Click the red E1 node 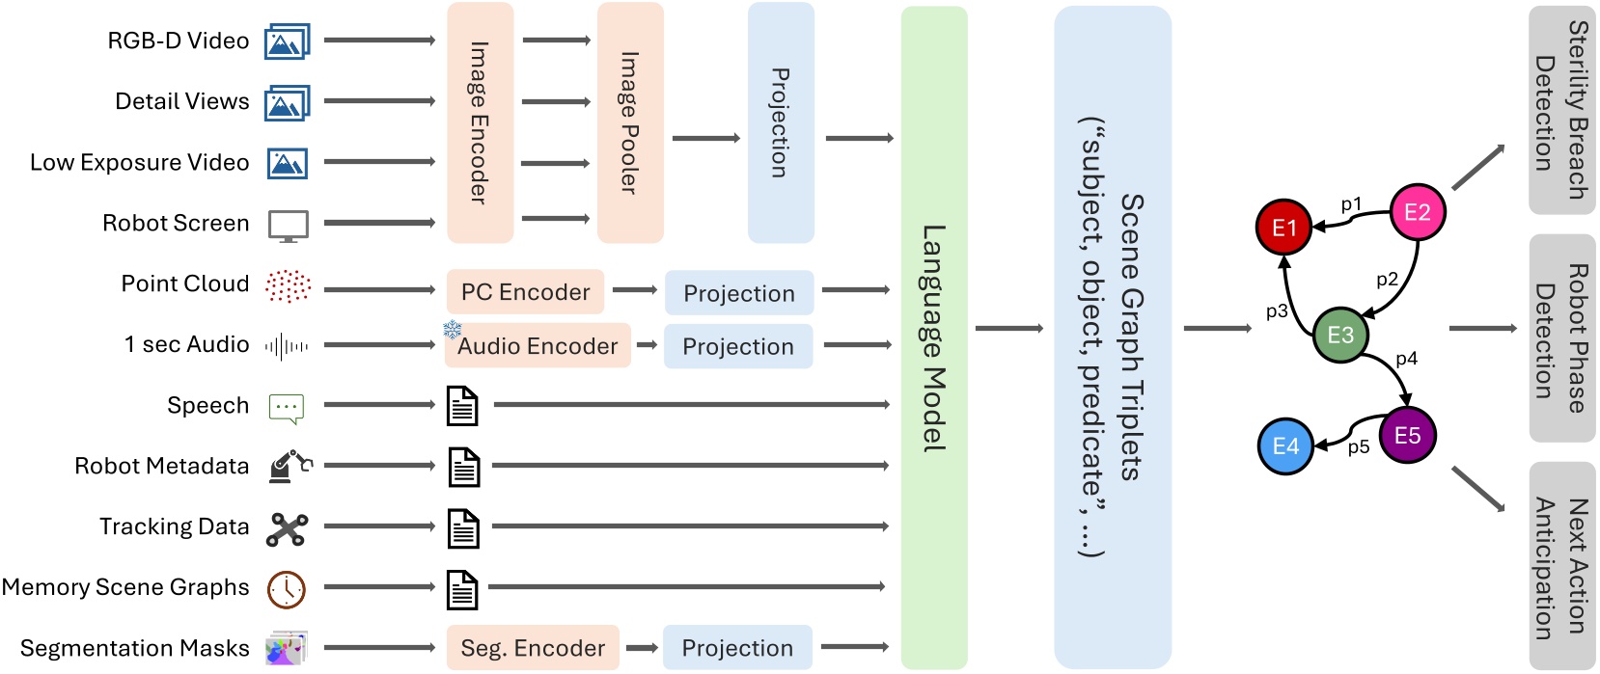tap(1283, 228)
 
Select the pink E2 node tap(1417, 212)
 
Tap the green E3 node tap(1340, 335)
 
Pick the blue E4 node tap(1285, 446)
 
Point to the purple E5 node tap(1407, 436)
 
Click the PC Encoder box tap(525, 292)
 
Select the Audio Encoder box tap(538, 346)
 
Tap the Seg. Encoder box tap(533, 648)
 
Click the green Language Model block tap(933, 337)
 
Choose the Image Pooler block tap(630, 122)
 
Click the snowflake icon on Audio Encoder tap(452, 330)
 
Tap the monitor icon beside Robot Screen tap(288, 226)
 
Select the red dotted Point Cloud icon tap(288, 285)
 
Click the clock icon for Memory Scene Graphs tap(287, 589)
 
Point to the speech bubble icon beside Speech tap(287, 408)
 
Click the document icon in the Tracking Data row tap(463, 528)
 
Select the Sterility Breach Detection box tap(1561, 110)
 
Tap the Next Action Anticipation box tap(1561, 566)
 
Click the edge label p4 tap(1406, 359)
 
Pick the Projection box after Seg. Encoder tap(737, 648)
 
